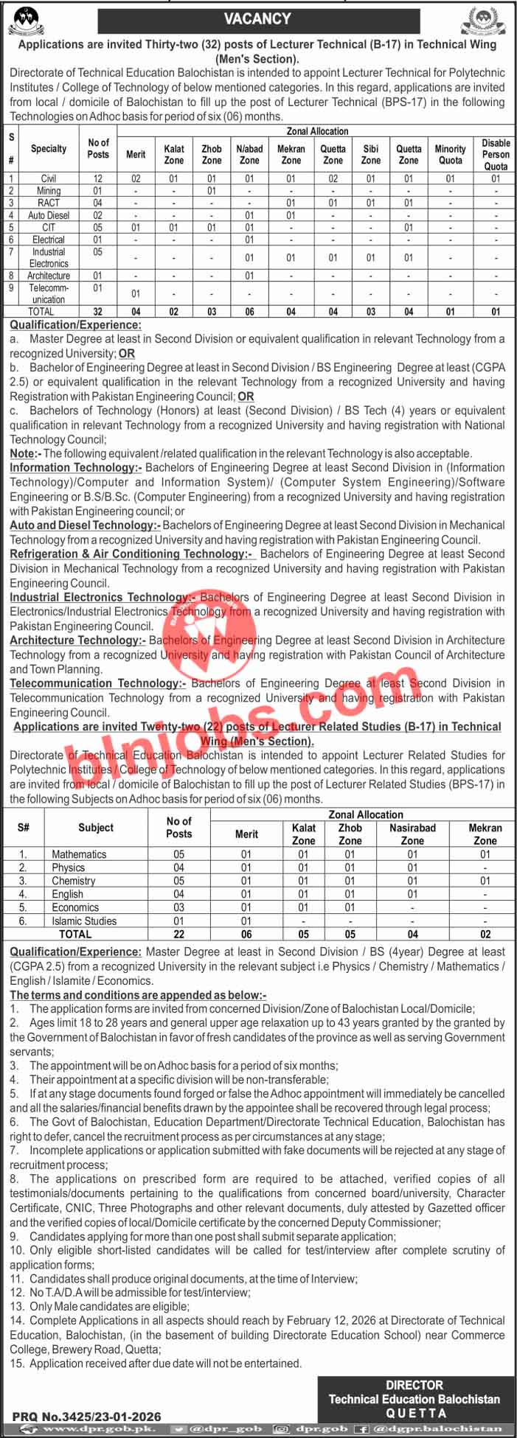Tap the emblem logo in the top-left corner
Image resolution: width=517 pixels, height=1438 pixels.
pyautogui.click(x=26, y=21)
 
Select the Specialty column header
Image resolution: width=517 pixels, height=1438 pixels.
pyautogui.click(x=49, y=149)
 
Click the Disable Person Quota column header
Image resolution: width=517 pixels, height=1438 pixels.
pyautogui.click(x=496, y=154)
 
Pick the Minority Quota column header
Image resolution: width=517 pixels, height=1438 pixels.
pyautogui.click(x=450, y=154)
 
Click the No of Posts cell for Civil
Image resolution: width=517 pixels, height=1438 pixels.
pyautogui.click(x=98, y=178)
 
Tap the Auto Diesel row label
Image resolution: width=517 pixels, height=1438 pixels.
pyautogui.click(x=49, y=215)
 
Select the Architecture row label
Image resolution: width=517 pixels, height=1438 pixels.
pyautogui.click(x=49, y=276)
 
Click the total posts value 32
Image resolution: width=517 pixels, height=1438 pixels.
pyautogui.click(x=98, y=312)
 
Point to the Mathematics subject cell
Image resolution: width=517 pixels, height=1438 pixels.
pyautogui.click(x=79, y=854)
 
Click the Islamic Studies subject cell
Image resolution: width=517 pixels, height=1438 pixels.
pyautogui.click(x=84, y=921)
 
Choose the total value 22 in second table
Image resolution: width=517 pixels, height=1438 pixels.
pyautogui.click(x=178, y=934)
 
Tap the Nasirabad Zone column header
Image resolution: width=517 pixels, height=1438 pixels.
pyautogui.click(x=412, y=834)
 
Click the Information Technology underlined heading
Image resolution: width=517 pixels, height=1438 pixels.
pyautogui.click(x=77, y=467)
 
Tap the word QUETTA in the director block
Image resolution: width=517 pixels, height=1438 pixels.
pyautogui.click(x=416, y=1412)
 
